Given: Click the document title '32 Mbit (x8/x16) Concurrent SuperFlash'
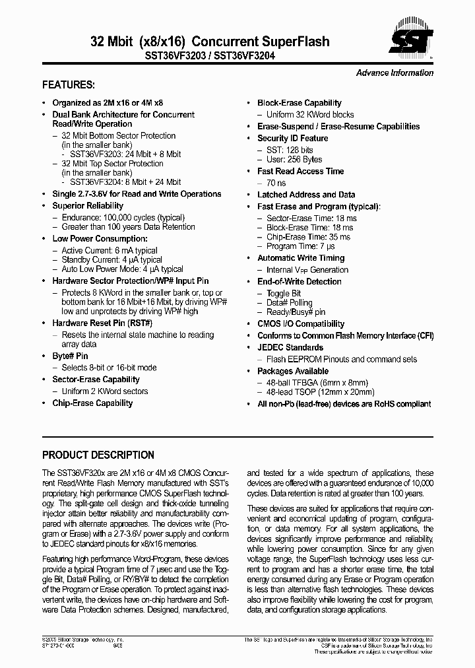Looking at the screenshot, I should click(209, 42).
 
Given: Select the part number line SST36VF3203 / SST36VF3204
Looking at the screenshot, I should click(209, 57).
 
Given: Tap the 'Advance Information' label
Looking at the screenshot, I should click(395, 73).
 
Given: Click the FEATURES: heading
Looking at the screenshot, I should click(68, 85).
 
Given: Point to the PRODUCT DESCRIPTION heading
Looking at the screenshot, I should click(98, 455).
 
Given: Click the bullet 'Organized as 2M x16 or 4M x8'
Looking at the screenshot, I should click(108, 103).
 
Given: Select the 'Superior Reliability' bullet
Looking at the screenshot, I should click(88, 206).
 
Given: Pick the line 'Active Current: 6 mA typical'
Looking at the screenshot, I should click(110, 251).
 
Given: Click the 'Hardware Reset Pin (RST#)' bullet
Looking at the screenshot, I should click(102, 323).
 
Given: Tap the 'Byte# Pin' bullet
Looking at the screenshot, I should click(70, 356).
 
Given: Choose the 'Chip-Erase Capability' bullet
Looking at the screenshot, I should click(92, 403).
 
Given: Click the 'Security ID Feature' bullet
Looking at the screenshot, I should click(292, 139).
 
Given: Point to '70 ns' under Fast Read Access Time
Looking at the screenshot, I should click(276, 183).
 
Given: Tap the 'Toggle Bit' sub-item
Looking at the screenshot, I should click(284, 294).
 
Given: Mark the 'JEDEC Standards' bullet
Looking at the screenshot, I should click(290, 347).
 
